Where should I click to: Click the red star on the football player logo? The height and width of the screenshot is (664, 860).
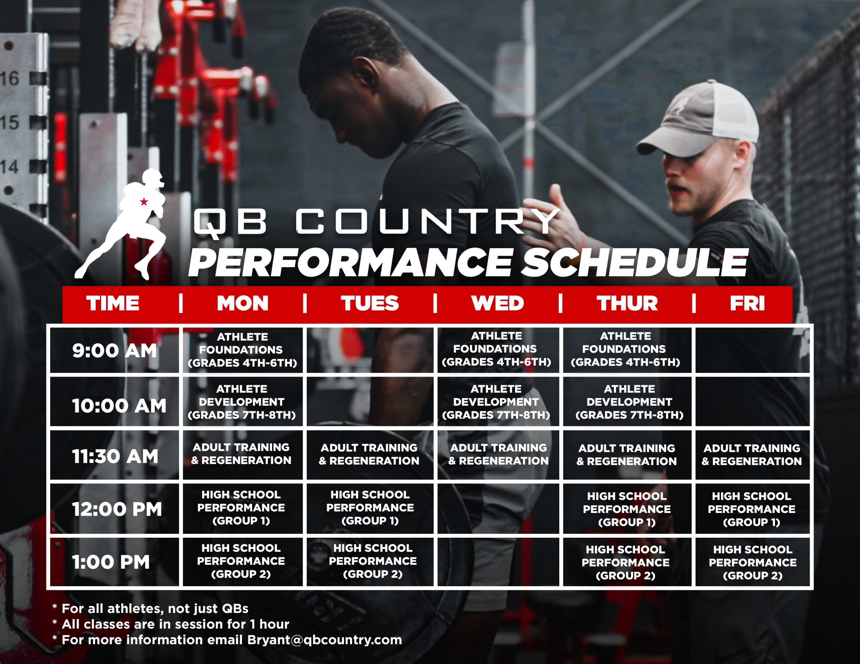(144, 202)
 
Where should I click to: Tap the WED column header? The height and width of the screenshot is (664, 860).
(497, 303)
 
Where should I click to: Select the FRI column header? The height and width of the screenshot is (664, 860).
(747, 303)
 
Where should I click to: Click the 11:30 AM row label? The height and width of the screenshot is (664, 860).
(115, 456)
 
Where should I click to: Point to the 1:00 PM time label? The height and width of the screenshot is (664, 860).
(111, 562)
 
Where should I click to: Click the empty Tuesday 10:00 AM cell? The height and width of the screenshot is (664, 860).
(370, 401)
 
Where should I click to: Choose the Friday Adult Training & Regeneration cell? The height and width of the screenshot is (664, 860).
(752, 455)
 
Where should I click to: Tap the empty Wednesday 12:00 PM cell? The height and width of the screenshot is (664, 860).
(498, 509)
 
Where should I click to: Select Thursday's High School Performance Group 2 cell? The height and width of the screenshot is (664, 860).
(627, 562)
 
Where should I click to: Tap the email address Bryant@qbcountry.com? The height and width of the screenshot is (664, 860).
(325, 639)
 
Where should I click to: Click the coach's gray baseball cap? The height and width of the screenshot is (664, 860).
(697, 118)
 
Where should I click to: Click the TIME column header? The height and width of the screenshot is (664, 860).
(113, 303)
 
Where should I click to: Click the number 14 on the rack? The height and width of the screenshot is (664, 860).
(9, 167)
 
